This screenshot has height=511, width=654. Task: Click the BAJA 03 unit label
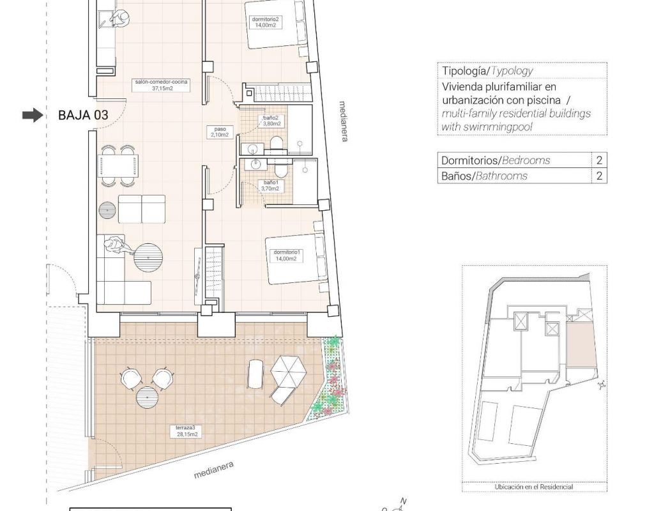click(x=83, y=115)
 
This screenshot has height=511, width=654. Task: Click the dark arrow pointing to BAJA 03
click(x=33, y=115)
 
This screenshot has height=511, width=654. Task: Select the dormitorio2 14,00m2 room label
click(x=265, y=22)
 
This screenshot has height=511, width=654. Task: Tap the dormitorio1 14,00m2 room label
click(x=286, y=256)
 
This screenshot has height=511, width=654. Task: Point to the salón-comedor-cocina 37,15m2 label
click(x=162, y=85)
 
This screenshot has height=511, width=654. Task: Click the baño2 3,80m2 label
click(x=271, y=121)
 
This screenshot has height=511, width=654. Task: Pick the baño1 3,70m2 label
click(x=270, y=186)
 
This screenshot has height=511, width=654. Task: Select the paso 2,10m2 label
click(x=220, y=132)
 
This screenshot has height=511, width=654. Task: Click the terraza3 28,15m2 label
click(x=186, y=431)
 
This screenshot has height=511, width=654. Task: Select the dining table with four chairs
click(x=118, y=166)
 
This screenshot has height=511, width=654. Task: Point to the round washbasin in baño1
click(x=255, y=164)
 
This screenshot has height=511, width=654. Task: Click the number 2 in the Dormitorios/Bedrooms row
click(x=599, y=160)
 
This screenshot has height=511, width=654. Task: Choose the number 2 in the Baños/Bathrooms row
click(x=599, y=176)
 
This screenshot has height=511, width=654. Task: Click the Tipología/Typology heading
click(x=487, y=70)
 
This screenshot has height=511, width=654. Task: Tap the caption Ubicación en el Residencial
click(x=533, y=487)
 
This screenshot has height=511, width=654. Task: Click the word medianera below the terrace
click(x=213, y=470)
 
